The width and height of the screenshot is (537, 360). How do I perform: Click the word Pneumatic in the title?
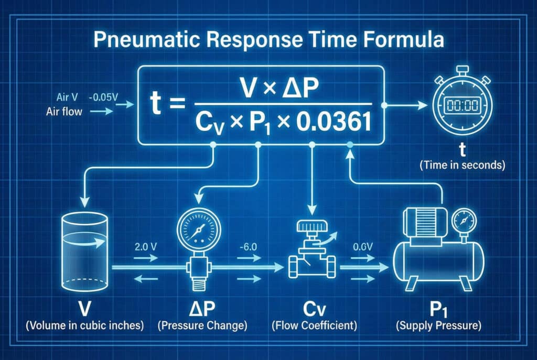147,40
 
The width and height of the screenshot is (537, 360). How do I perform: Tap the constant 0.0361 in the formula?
334,123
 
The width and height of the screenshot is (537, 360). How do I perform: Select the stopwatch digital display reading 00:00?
463,105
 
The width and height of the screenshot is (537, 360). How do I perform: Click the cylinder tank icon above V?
84,252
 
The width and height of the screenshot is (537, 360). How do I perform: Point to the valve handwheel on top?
312,226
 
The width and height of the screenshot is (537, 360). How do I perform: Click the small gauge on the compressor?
464,221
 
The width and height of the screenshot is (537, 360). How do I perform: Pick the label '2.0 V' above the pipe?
146,247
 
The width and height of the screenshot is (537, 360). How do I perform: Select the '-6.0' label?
248,247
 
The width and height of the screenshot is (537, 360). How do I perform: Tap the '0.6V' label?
363,247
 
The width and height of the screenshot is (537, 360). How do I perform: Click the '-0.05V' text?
103,97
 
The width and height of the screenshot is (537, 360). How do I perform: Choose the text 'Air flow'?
65,112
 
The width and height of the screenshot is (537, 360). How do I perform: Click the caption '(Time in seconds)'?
463,165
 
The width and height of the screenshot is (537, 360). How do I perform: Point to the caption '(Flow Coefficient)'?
314,325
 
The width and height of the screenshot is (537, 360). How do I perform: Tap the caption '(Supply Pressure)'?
438,325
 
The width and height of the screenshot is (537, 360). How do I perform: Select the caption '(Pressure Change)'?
202,325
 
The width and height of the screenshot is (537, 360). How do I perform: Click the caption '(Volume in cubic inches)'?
84,325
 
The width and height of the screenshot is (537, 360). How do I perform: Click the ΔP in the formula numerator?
300,88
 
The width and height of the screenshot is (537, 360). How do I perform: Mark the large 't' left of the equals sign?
155,103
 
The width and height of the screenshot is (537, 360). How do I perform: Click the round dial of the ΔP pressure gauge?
199,229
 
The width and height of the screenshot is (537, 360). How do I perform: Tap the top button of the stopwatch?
463,70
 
